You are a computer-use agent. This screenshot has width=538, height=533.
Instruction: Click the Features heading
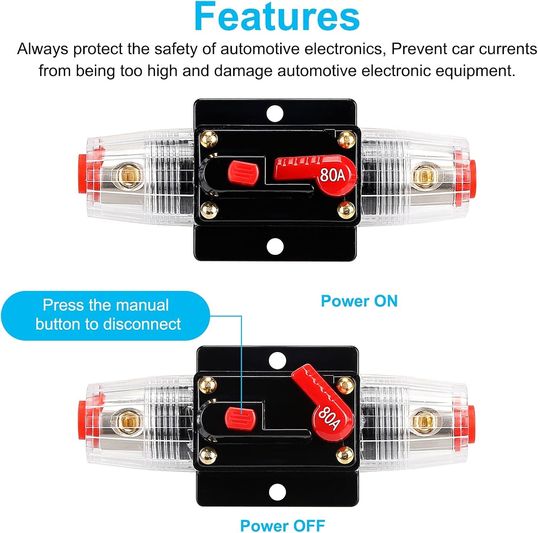(277, 17)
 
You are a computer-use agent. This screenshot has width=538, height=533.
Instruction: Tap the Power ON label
(359, 301)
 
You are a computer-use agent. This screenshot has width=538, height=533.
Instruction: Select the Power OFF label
(282, 526)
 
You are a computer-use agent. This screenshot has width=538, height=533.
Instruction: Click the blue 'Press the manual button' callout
(105, 315)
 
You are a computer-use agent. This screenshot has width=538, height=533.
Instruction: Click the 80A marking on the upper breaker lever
(332, 175)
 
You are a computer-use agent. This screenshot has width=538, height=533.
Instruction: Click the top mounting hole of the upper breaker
(275, 114)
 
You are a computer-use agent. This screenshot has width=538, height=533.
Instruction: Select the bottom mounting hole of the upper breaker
(275, 246)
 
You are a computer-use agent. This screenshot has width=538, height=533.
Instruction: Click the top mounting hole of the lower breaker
(277, 361)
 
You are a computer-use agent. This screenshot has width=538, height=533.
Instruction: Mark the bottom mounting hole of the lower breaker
(277, 492)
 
